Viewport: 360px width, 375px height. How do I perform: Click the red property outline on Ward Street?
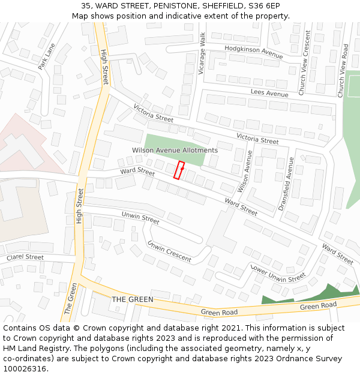tap(179, 170)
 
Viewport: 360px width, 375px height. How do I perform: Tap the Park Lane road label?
tap(46, 56)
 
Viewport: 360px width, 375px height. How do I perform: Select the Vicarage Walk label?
tap(202, 53)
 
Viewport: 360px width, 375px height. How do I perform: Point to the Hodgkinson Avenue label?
tap(253, 52)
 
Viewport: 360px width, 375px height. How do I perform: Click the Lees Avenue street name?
tap(269, 94)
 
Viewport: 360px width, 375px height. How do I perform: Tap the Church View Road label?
tap(343, 70)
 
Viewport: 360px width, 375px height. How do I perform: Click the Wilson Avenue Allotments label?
tap(175, 150)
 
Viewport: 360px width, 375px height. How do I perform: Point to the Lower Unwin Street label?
tap(278, 274)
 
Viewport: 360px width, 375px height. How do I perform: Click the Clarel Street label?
tap(25, 257)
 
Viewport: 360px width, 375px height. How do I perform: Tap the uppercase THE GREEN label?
tap(133, 299)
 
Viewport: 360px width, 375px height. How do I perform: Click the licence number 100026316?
tap(25, 369)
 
